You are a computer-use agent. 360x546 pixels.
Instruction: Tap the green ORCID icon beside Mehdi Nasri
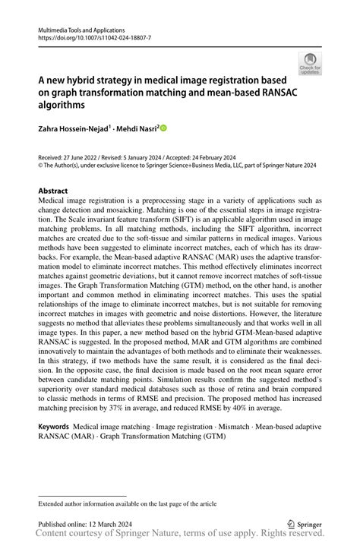[x=163, y=128]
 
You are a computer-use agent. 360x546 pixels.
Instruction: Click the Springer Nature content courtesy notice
[x=180, y=535]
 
